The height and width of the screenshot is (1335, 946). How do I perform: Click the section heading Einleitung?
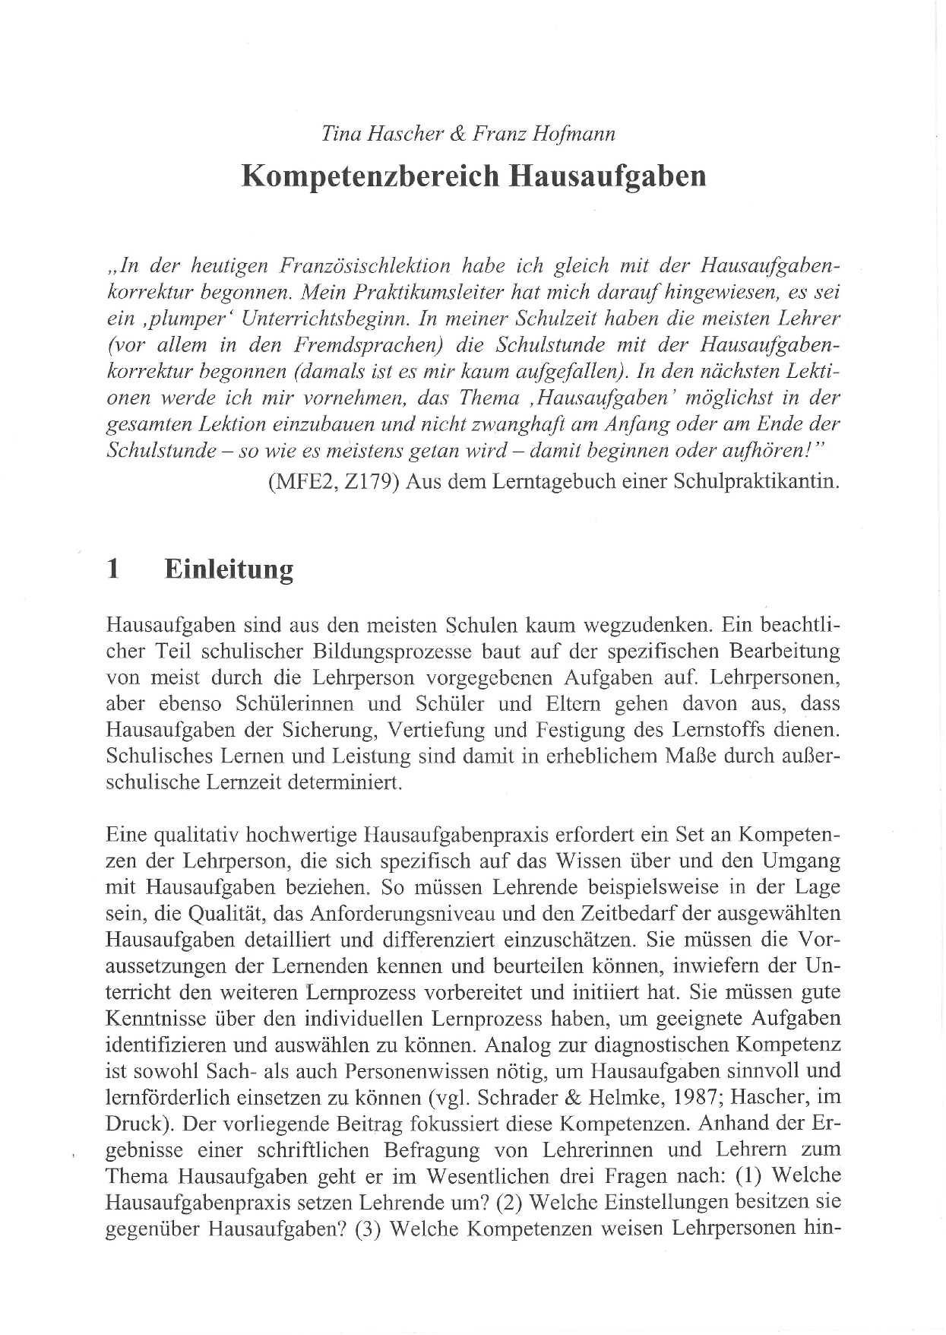pos(229,569)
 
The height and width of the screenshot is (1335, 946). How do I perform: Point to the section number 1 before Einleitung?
pos(113,569)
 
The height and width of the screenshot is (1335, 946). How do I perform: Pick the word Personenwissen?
pos(400,1071)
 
